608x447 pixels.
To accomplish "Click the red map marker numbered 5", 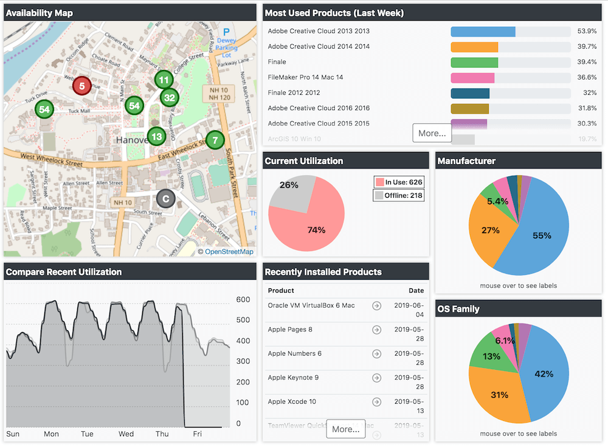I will (81, 86).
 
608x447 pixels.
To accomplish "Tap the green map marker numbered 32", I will (169, 97).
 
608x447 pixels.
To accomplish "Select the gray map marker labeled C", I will (165, 198).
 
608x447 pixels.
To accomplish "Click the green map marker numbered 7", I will (214, 140).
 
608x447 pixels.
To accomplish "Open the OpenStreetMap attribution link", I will (229, 251).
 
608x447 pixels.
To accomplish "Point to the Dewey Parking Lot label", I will (227, 44).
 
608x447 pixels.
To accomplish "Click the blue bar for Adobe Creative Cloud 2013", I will (483, 32).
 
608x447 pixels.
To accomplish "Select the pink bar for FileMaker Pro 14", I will (472, 78).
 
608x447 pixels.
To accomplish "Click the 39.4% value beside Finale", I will (587, 62).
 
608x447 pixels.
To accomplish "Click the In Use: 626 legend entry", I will (399, 182).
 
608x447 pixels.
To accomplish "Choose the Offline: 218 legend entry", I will (399, 195).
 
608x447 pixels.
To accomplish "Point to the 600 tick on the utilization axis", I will (243, 300).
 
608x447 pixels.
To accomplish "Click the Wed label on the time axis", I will (126, 434).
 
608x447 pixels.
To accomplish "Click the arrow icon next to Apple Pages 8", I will (376, 330).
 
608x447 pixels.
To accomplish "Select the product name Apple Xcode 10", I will (292, 401).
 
